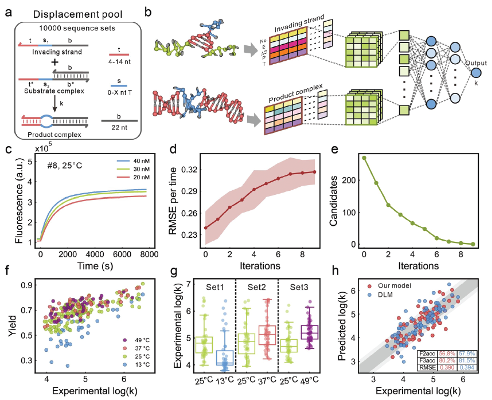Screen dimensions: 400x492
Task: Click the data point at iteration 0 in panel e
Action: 364,158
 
